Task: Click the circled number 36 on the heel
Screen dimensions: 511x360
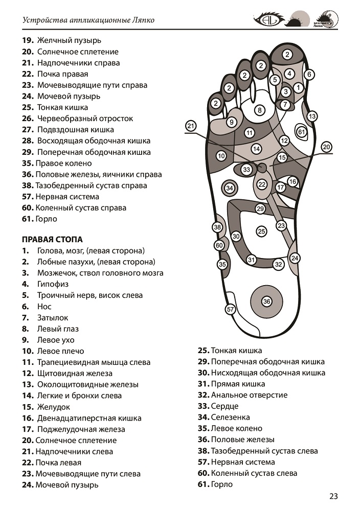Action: click(266, 301)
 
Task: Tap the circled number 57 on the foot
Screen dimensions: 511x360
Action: click(231, 309)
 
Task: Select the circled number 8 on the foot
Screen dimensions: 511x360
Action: click(260, 110)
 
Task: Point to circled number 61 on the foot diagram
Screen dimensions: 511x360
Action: click(302, 132)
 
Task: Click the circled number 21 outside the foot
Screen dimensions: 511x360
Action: click(191, 126)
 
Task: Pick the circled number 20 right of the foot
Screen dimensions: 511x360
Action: click(327, 147)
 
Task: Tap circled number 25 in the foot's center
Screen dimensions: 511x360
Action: click(261, 231)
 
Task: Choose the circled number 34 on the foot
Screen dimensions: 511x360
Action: click(230, 189)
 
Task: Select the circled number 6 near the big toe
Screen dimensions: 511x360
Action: click(309, 74)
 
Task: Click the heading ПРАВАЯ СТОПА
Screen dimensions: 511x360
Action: click(52, 239)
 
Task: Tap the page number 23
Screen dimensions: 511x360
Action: click(333, 496)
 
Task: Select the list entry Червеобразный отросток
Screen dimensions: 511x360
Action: click(85, 119)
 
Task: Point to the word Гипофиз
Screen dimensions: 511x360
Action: click(53, 284)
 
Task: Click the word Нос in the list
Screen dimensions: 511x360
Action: click(44, 307)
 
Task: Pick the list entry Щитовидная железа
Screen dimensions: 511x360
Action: click(74, 374)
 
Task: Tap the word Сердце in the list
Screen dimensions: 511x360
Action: click(224, 406)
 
